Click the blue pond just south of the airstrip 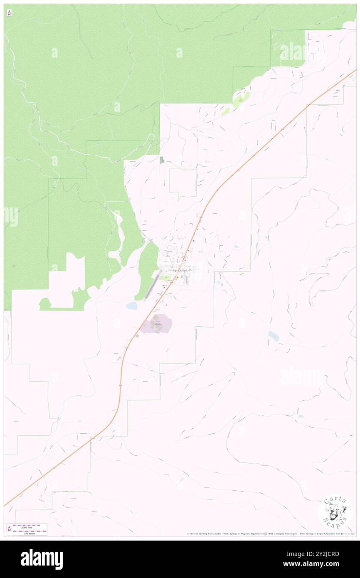click(132, 306)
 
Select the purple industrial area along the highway click(156, 324)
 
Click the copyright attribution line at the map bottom click(270, 534)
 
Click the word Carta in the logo click(335, 499)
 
